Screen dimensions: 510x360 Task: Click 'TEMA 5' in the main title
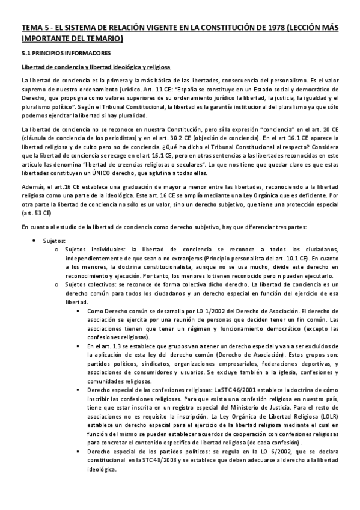34,28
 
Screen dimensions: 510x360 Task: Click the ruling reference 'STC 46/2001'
230,390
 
